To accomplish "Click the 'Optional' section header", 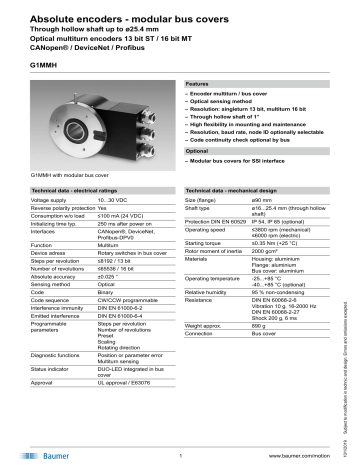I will point(198,150).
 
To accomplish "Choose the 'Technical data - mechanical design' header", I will point(240,189).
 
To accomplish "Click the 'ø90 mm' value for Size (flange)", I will point(264,200).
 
